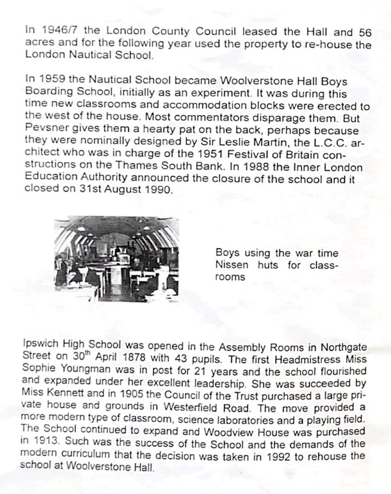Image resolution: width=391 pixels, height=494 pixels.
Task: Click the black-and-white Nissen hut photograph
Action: tap(116, 259)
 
